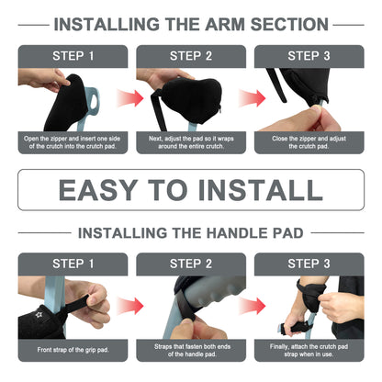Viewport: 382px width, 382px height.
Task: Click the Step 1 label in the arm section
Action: tap(73, 55)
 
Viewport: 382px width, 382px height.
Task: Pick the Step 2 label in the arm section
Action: tap(191, 55)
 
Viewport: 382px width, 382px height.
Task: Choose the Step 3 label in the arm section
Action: tap(309, 55)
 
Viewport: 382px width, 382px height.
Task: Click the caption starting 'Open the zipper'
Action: tap(73, 142)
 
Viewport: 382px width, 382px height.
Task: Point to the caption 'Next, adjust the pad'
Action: tap(191, 142)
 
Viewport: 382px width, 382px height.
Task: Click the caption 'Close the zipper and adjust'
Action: tap(309, 142)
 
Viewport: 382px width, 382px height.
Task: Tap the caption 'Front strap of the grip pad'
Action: tap(73, 350)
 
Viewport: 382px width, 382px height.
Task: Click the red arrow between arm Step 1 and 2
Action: tap(132, 95)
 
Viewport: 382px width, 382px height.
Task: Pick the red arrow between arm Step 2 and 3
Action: tap(250, 95)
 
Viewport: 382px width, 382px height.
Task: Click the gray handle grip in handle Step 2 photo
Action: tap(207, 299)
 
